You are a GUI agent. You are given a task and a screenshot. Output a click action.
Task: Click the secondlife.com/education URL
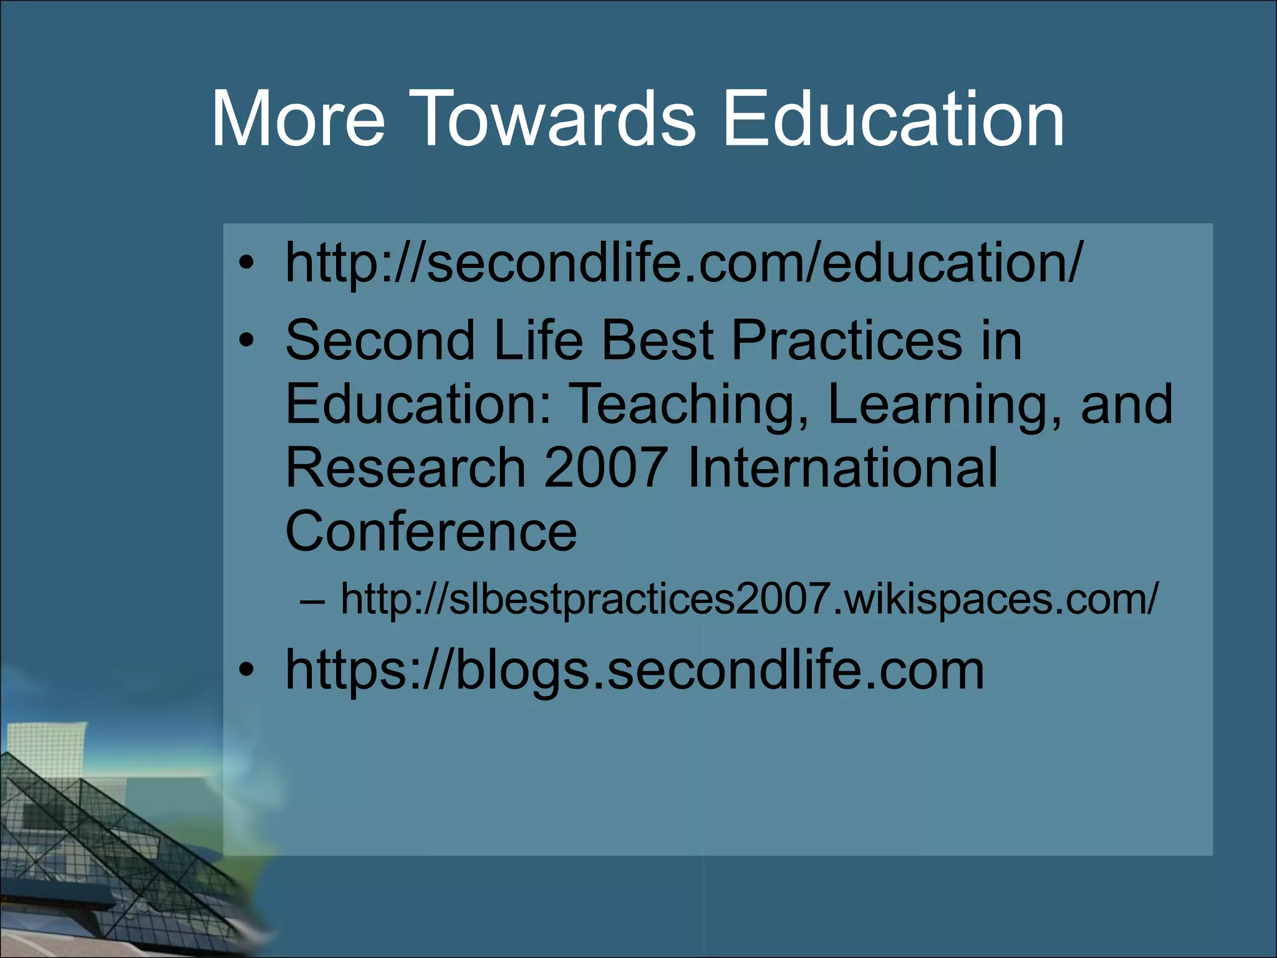tap(683, 262)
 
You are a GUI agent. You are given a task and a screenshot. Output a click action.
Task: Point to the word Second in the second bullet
tap(380, 340)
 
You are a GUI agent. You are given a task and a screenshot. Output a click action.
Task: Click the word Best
tap(657, 340)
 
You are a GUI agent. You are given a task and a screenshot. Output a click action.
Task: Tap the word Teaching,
tap(690, 405)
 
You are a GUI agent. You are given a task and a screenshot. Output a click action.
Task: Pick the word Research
tap(405, 468)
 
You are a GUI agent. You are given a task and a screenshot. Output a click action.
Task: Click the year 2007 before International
tap(605, 468)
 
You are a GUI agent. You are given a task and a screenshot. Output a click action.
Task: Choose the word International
tap(842, 468)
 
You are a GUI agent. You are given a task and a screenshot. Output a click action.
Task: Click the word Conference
tap(431, 531)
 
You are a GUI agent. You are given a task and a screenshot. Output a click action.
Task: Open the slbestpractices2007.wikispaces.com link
tap(748, 599)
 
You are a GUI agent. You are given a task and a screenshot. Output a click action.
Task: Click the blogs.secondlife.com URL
tap(634, 670)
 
